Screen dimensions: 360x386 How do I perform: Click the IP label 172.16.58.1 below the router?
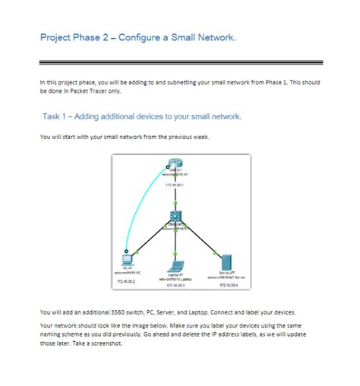pos(175,185)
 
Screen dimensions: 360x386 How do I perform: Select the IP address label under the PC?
pos(125,281)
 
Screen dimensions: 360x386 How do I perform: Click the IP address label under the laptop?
pos(175,286)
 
